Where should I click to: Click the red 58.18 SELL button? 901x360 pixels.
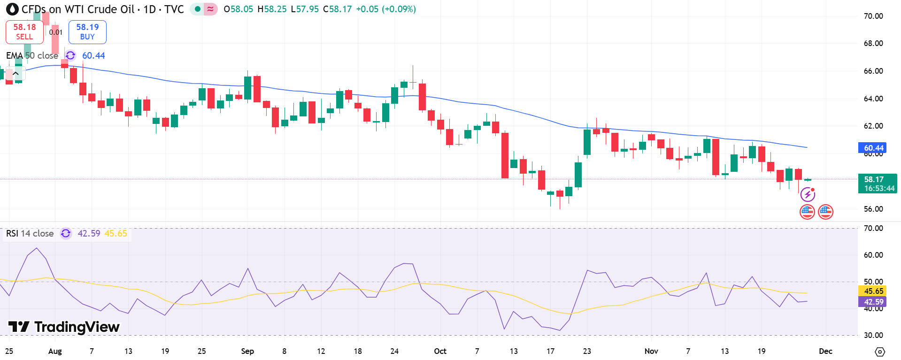click(x=24, y=32)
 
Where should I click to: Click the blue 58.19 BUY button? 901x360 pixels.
click(x=87, y=32)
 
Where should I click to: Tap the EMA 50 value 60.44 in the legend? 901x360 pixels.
click(x=93, y=56)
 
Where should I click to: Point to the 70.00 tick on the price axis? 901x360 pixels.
click(x=873, y=16)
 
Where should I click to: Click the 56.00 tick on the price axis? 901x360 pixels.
click(x=873, y=209)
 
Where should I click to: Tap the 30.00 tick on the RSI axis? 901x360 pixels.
click(x=873, y=335)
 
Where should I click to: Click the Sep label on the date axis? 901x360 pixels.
click(x=247, y=351)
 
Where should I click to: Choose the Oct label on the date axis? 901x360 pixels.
click(x=440, y=351)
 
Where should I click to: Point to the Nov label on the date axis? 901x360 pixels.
click(x=651, y=351)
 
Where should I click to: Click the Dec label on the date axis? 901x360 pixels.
click(x=825, y=351)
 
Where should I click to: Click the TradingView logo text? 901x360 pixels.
click(x=64, y=327)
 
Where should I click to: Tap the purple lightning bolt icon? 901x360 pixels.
click(x=808, y=194)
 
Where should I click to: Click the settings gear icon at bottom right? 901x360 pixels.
click(x=880, y=352)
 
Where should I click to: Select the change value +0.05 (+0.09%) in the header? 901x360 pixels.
click(x=386, y=9)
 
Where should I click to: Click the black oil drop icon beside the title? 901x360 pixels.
click(x=12, y=9)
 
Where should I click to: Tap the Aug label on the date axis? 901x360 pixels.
click(x=55, y=351)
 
